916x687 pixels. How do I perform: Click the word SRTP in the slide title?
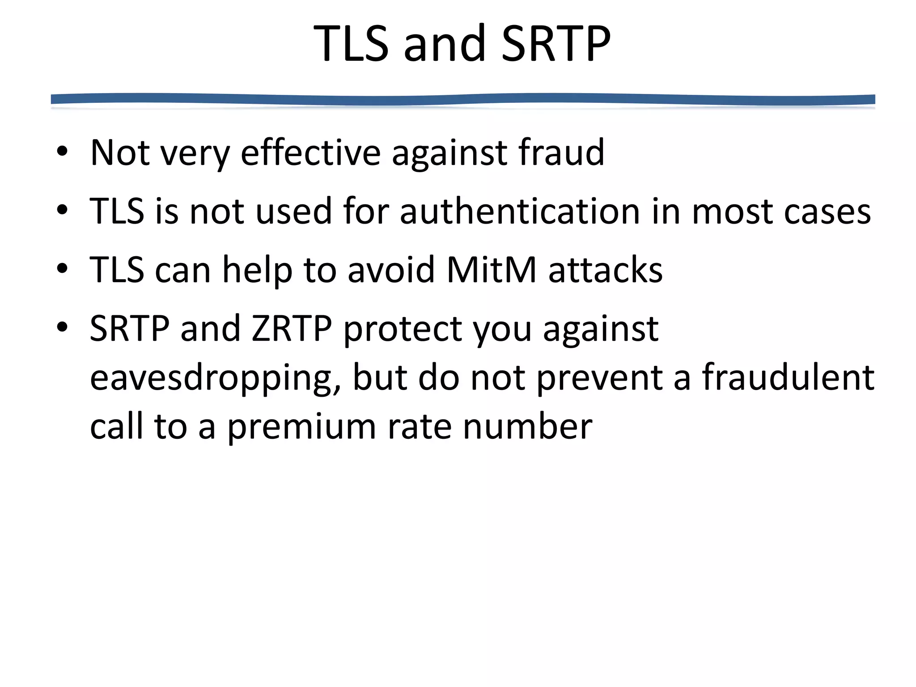click(x=556, y=44)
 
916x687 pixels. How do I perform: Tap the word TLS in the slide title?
click(x=351, y=44)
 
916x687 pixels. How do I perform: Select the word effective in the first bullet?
click(x=310, y=153)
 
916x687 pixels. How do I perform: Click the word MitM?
click(x=491, y=270)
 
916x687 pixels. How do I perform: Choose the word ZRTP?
click(x=292, y=329)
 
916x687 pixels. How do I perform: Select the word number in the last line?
click(x=527, y=427)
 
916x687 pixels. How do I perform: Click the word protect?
click(x=403, y=330)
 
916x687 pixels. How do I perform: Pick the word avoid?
click(x=391, y=270)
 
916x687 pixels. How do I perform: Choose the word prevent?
click(x=599, y=378)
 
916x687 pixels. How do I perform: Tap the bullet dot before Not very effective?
click(x=62, y=152)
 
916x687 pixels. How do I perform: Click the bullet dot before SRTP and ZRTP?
click(x=62, y=327)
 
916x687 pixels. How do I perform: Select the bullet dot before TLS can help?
click(x=62, y=269)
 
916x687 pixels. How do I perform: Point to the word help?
click(x=257, y=271)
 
